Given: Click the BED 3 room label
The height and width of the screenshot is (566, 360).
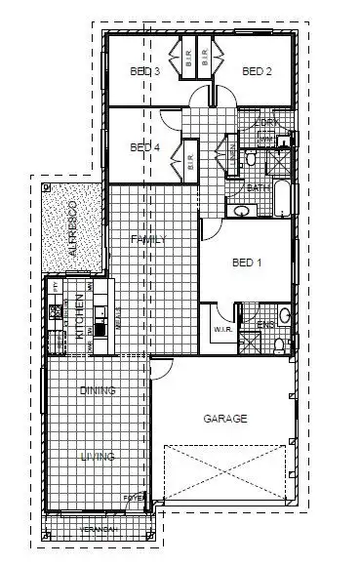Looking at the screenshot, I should click(144, 71).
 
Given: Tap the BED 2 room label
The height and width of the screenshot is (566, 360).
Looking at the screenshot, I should click(256, 71).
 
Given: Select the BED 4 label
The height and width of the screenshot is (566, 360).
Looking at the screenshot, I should click(144, 147).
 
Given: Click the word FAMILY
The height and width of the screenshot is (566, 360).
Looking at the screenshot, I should click(151, 239).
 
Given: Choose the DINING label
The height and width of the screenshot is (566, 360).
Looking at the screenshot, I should click(98, 390).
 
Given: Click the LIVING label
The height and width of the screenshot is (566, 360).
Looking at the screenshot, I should click(98, 456).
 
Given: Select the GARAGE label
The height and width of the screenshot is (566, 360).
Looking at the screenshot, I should click(224, 419).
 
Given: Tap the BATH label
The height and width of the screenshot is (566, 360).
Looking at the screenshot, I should click(258, 187).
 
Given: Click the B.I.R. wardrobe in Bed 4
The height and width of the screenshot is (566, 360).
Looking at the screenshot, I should click(189, 158).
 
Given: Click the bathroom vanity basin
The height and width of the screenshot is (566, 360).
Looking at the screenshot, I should click(239, 210).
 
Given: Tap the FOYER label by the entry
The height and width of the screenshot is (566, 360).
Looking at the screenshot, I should click(134, 497).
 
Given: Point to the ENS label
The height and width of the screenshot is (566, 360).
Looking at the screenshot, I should click(264, 325).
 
